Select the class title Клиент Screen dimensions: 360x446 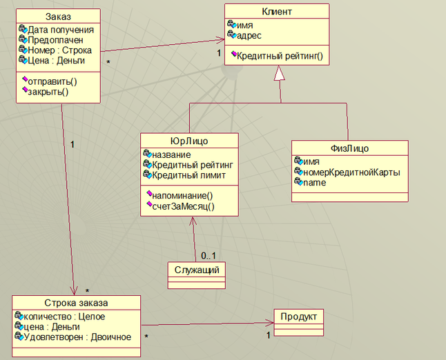pos(276,12)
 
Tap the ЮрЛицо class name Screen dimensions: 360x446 pos(189,141)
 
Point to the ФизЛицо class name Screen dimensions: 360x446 pos(349,148)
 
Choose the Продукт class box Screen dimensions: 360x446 pos(299,317)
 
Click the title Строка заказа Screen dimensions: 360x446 pos(76,303)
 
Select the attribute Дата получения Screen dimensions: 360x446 pos(61,30)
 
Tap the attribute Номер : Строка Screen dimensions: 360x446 pos(60,50)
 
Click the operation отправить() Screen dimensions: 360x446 pos(52,81)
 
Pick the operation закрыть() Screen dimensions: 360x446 pos(48,91)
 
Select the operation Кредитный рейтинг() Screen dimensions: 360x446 pos(280,56)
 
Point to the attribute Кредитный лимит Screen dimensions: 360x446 pos(188,175)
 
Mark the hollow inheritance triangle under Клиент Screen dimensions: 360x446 pos(280,74)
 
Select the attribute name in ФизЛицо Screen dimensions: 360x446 pos(316,181)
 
